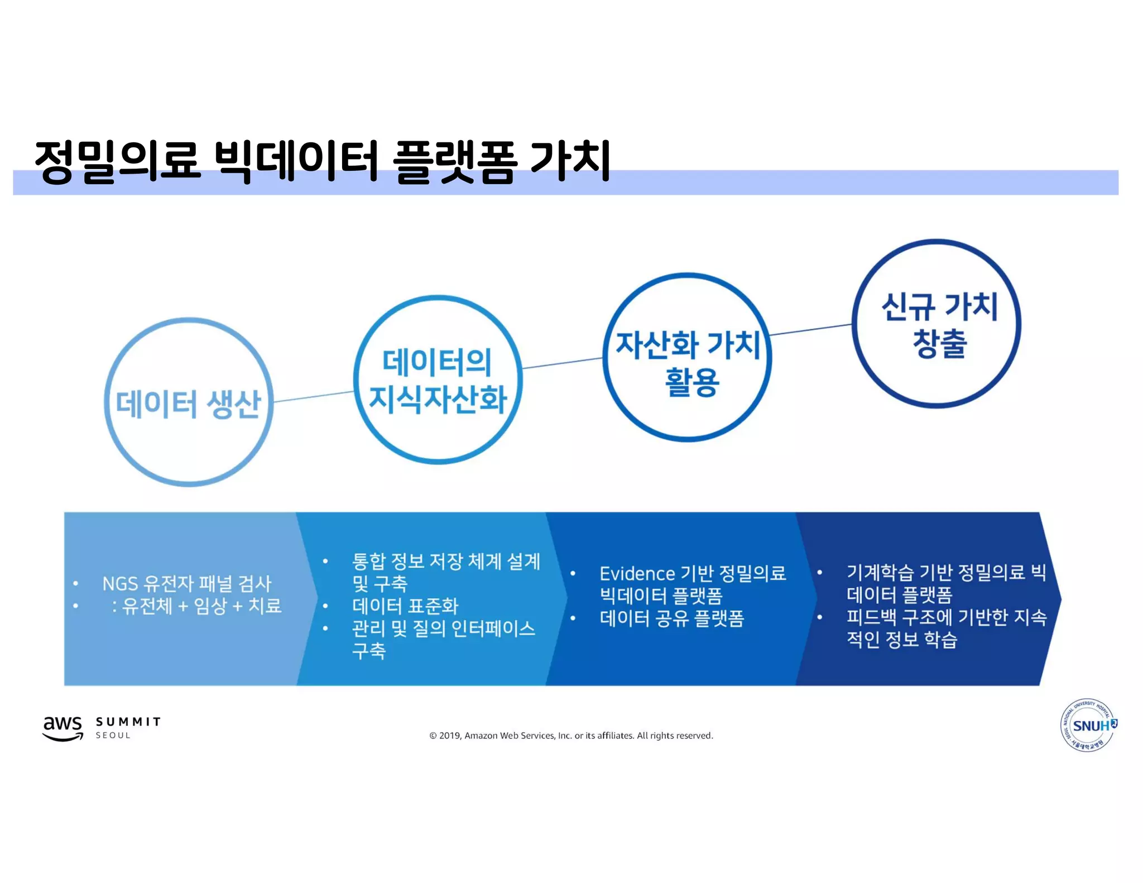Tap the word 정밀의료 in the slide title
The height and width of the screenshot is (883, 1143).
(x=117, y=161)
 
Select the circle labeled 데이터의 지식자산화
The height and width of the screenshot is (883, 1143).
(x=438, y=380)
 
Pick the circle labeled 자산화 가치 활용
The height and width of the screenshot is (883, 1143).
(x=688, y=358)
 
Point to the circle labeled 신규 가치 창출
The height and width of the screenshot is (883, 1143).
(x=937, y=324)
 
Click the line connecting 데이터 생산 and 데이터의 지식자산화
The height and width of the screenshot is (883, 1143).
(x=314, y=396)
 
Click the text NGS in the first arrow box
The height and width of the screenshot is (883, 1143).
(x=120, y=584)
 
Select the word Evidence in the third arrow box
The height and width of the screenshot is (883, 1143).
(x=637, y=573)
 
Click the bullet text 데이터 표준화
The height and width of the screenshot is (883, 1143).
(x=405, y=606)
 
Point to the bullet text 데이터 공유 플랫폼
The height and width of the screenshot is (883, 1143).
(x=672, y=618)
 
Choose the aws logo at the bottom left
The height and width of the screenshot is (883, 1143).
(x=63, y=727)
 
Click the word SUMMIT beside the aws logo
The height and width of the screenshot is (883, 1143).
(x=128, y=722)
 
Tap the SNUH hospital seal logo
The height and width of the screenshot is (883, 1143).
(x=1088, y=725)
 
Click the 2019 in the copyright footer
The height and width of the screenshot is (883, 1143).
(x=450, y=736)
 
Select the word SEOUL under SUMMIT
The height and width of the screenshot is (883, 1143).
(x=113, y=736)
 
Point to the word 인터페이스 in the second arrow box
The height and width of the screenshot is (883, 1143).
(x=493, y=628)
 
